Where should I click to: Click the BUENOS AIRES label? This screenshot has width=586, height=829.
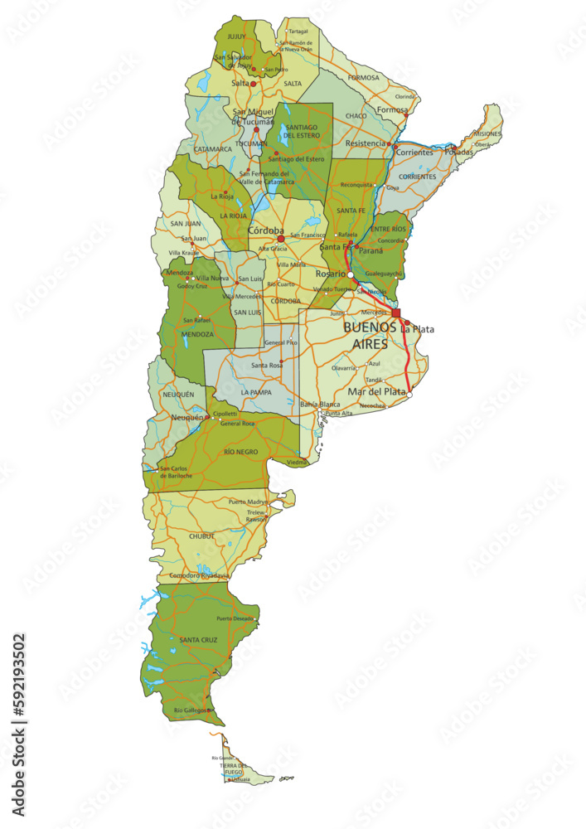pos(370,335)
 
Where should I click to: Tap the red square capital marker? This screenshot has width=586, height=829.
pos(396,313)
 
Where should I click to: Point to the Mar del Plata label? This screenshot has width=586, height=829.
pos(377,391)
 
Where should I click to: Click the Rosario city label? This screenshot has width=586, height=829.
pos(331,274)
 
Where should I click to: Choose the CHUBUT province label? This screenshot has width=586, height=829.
pos(201,536)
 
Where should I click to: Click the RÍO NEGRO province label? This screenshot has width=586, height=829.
pos(240,452)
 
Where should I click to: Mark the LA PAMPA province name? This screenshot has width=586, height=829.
pos(256,392)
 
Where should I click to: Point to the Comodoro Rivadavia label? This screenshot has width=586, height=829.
pos(199,575)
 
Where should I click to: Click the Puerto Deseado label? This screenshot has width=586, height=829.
pos(235,618)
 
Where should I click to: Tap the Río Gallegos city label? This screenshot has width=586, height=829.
pos(191,710)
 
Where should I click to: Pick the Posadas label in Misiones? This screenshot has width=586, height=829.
pos(459,152)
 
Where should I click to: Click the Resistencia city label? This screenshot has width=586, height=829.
pos(366,143)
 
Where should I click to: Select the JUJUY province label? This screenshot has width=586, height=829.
pos(237,37)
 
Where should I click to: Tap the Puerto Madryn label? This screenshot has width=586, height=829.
pos(249,502)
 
